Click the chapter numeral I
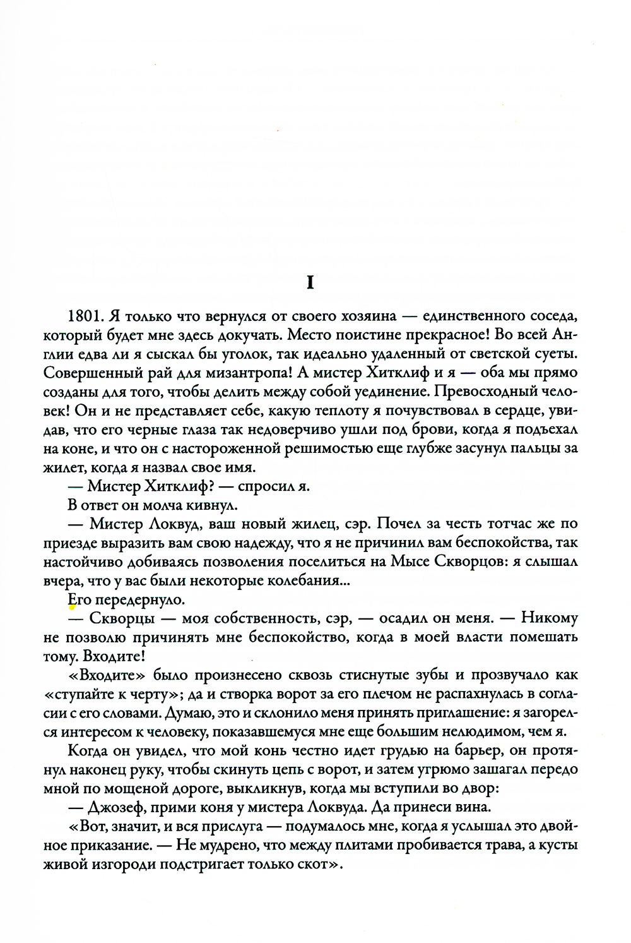tap(309, 284)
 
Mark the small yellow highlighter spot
tap(72, 608)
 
